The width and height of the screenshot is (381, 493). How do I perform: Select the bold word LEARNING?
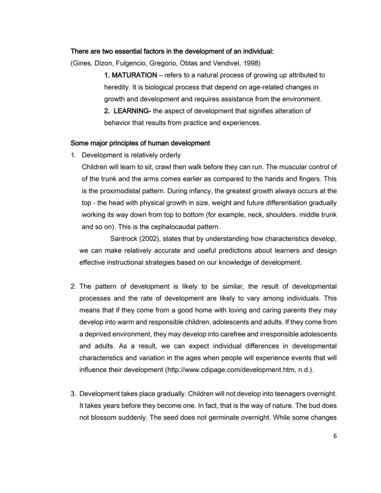click(x=131, y=111)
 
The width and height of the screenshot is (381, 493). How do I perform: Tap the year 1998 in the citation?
click(x=252, y=63)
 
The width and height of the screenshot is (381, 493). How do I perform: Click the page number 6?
click(x=335, y=436)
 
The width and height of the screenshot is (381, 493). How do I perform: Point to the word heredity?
click(x=116, y=87)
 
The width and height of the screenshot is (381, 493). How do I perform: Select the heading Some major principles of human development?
click(x=140, y=143)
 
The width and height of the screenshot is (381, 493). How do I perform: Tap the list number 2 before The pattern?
click(x=73, y=286)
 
